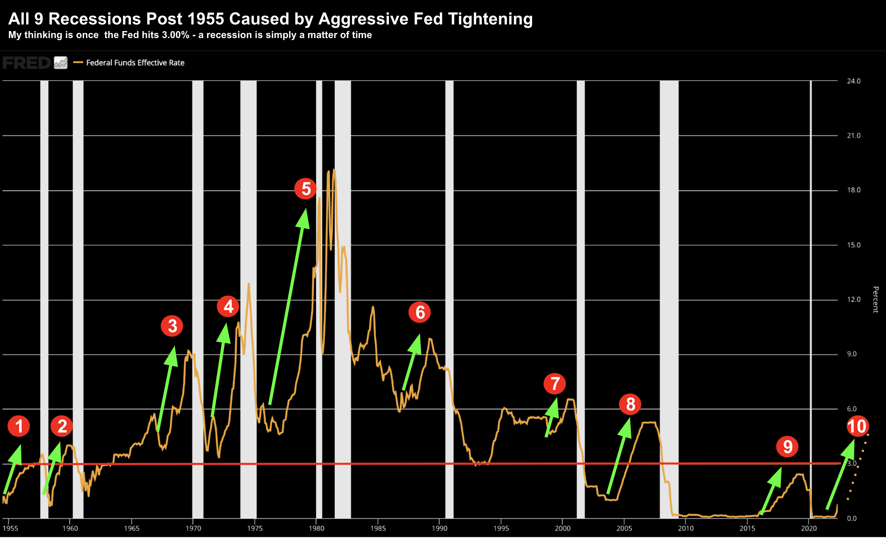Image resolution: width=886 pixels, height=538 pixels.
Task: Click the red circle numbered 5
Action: pyautogui.click(x=305, y=189)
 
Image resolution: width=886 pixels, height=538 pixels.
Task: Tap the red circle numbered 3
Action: pyautogui.click(x=172, y=326)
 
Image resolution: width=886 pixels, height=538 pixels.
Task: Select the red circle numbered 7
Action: pyautogui.click(x=554, y=383)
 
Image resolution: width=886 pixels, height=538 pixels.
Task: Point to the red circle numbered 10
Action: pyautogui.click(x=858, y=427)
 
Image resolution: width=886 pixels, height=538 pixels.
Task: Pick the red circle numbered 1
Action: pyautogui.click(x=19, y=426)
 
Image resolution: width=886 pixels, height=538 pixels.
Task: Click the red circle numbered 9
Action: pyautogui.click(x=787, y=446)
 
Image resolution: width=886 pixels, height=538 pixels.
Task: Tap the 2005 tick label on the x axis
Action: pyautogui.click(x=624, y=528)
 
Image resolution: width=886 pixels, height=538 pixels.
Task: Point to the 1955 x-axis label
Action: pyautogui.click(x=10, y=528)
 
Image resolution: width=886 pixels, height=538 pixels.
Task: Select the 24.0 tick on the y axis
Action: pyautogui.click(x=853, y=81)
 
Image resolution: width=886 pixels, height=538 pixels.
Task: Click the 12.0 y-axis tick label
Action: pyautogui.click(x=853, y=299)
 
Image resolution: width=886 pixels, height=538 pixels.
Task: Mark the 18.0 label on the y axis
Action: pyautogui.click(x=853, y=190)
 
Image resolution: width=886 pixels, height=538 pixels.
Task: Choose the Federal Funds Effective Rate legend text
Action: pyautogui.click(x=135, y=63)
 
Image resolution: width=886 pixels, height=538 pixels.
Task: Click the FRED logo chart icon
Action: pyautogui.click(x=61, y=63)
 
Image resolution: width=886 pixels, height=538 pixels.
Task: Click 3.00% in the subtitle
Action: pyautogui.click(x=175, y=35)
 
